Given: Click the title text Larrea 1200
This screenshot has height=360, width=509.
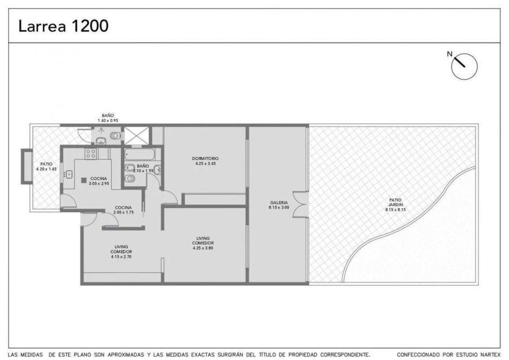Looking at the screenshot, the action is coord(63,26).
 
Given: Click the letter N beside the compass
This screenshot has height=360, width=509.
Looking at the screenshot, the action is coord(449,54).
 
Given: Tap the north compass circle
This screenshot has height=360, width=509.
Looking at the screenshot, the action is coord(464,66).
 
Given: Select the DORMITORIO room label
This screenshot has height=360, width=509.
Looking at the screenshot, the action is coord(205,159).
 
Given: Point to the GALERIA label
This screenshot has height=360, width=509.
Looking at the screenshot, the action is coord(279,203).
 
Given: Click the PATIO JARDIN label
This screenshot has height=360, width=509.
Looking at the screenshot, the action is coord(395,203).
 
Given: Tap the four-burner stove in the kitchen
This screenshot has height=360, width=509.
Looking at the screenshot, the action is coord(91,153).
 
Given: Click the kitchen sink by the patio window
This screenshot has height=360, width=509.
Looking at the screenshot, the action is coord(69,175).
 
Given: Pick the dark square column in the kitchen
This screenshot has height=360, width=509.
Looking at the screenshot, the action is coord(84,180).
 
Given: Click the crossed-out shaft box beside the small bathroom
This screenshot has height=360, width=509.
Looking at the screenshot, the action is coord(136,135).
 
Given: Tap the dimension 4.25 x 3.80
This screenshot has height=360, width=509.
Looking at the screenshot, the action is coord(203,248).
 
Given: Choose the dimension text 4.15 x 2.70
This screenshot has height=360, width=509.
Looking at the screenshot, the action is coord(121,257).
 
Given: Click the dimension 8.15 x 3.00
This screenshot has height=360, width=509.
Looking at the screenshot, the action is coord(279,207).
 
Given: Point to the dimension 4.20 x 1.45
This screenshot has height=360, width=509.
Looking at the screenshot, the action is coord(46,169).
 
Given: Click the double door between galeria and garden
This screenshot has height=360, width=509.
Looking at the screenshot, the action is coord(300,205).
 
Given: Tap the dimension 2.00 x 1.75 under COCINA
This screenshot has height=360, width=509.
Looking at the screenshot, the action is coord(123,212).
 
